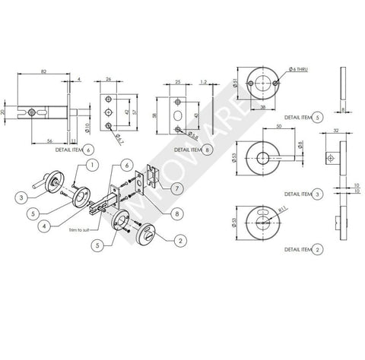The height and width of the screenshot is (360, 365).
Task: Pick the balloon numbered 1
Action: [91, 164]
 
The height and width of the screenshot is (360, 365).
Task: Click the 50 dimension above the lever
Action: [281, 129]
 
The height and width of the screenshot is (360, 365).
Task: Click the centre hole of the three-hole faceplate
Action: [110, 112]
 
